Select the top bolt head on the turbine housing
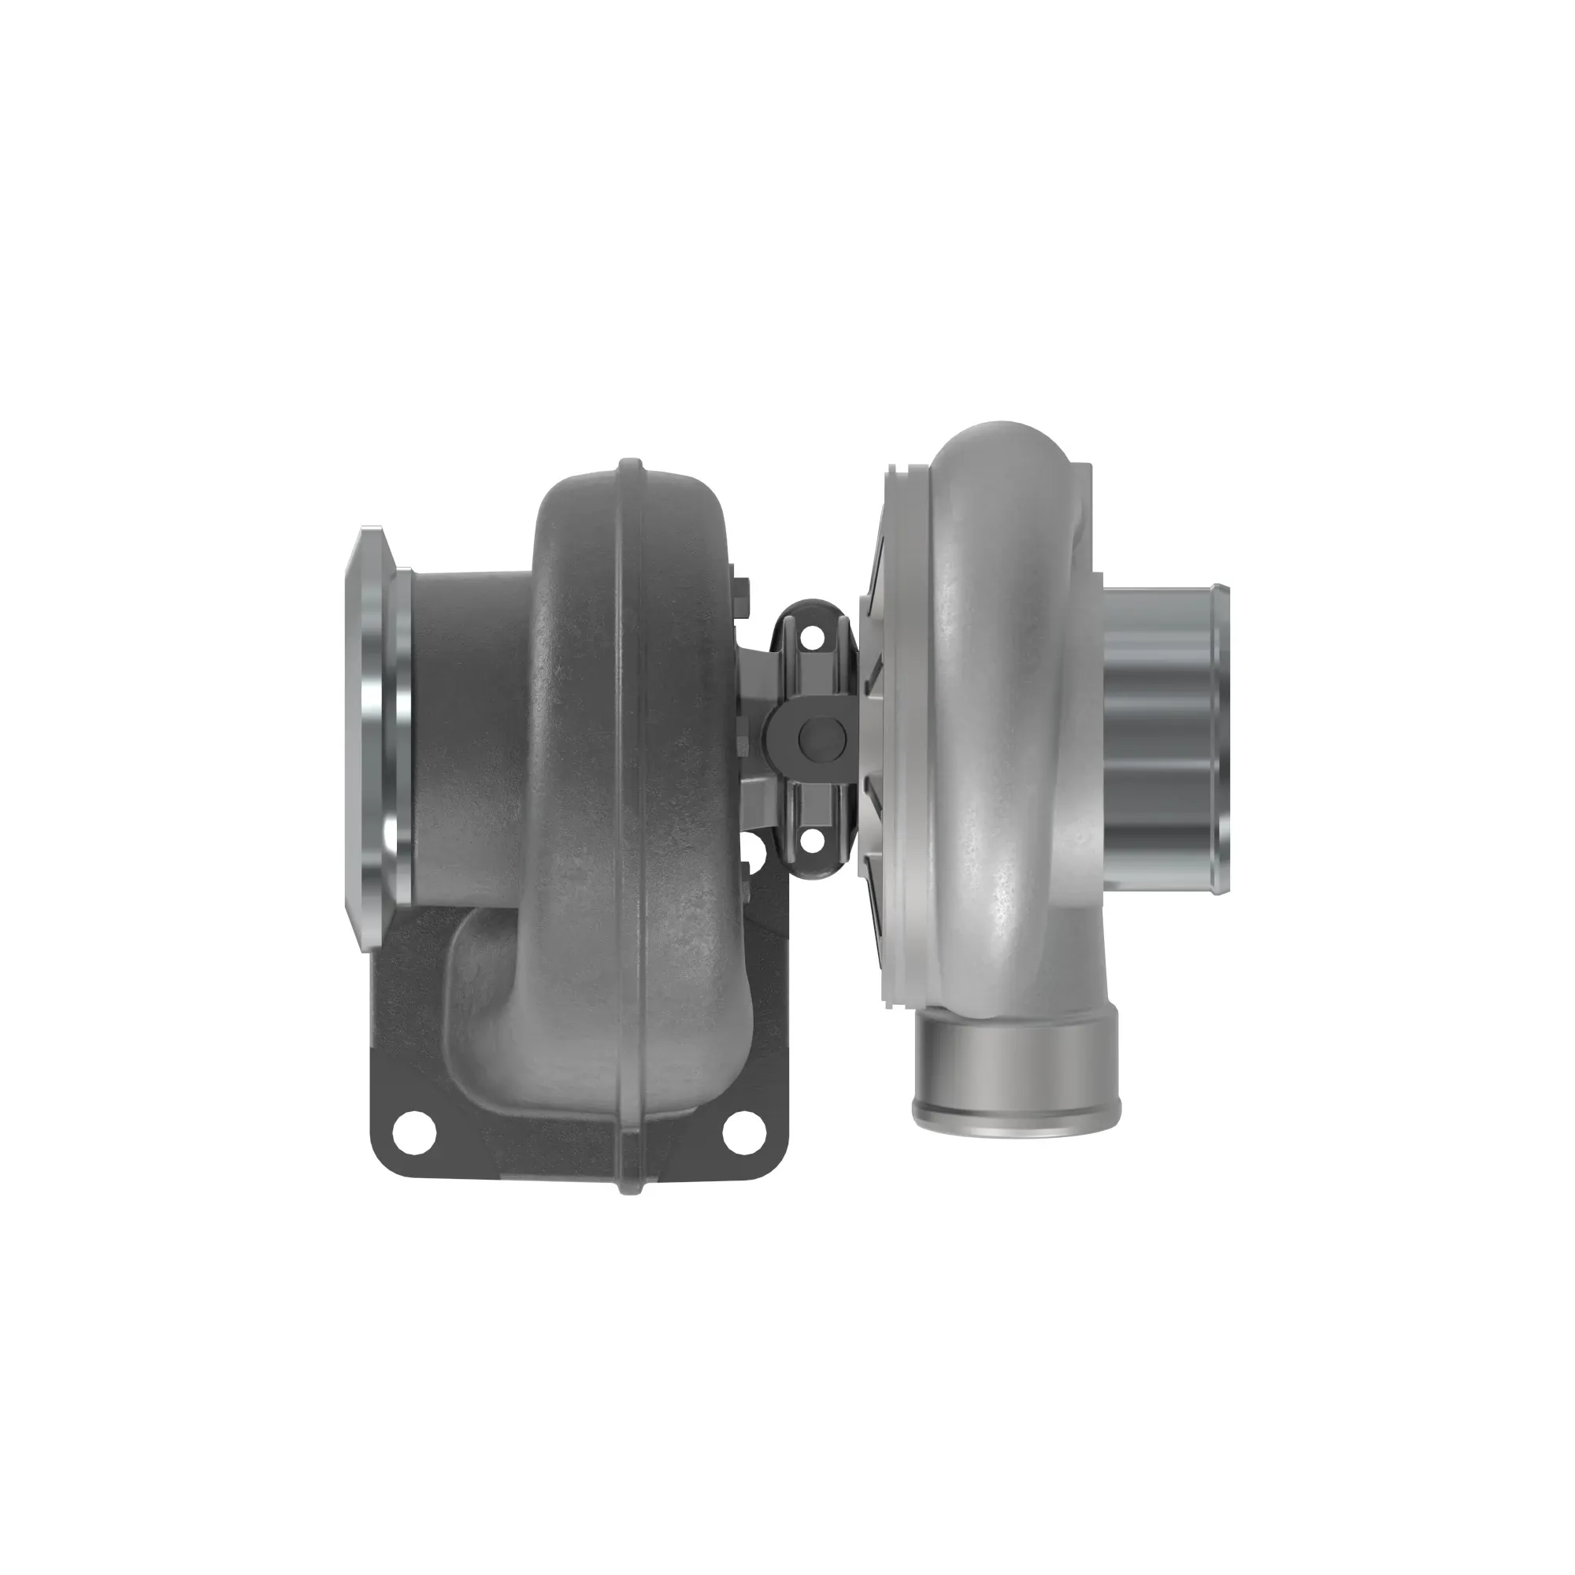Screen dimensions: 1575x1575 click(743, 588)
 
